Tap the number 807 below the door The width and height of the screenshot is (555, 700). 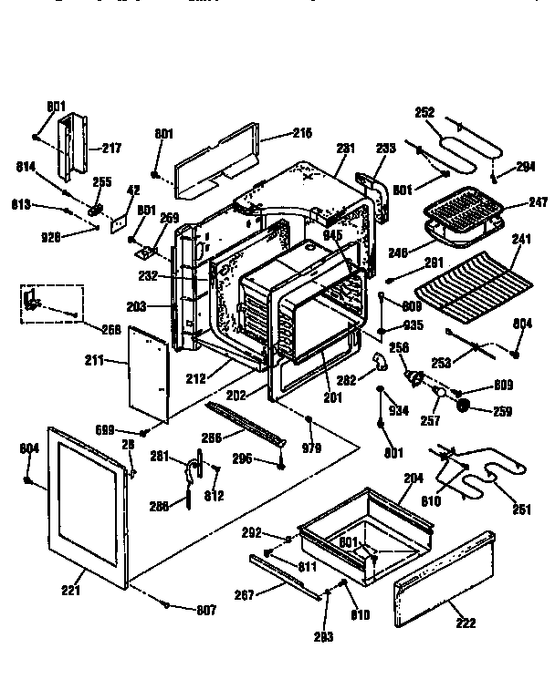tap(207, 609)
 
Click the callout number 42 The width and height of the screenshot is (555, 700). tap(132, 190)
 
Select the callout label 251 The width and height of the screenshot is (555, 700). tap(521, 510)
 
